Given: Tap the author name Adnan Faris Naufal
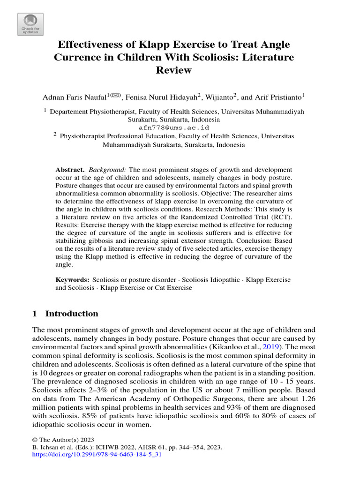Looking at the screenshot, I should (x=74, y=97).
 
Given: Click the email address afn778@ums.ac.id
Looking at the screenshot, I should (x=173, y=127).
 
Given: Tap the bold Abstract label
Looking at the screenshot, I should (x=69, y=169).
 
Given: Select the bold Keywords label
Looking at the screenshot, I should (x=72, y=279).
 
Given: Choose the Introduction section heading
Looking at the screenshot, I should (x=72, y=314).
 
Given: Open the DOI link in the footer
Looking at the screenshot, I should (x=97, y=455).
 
